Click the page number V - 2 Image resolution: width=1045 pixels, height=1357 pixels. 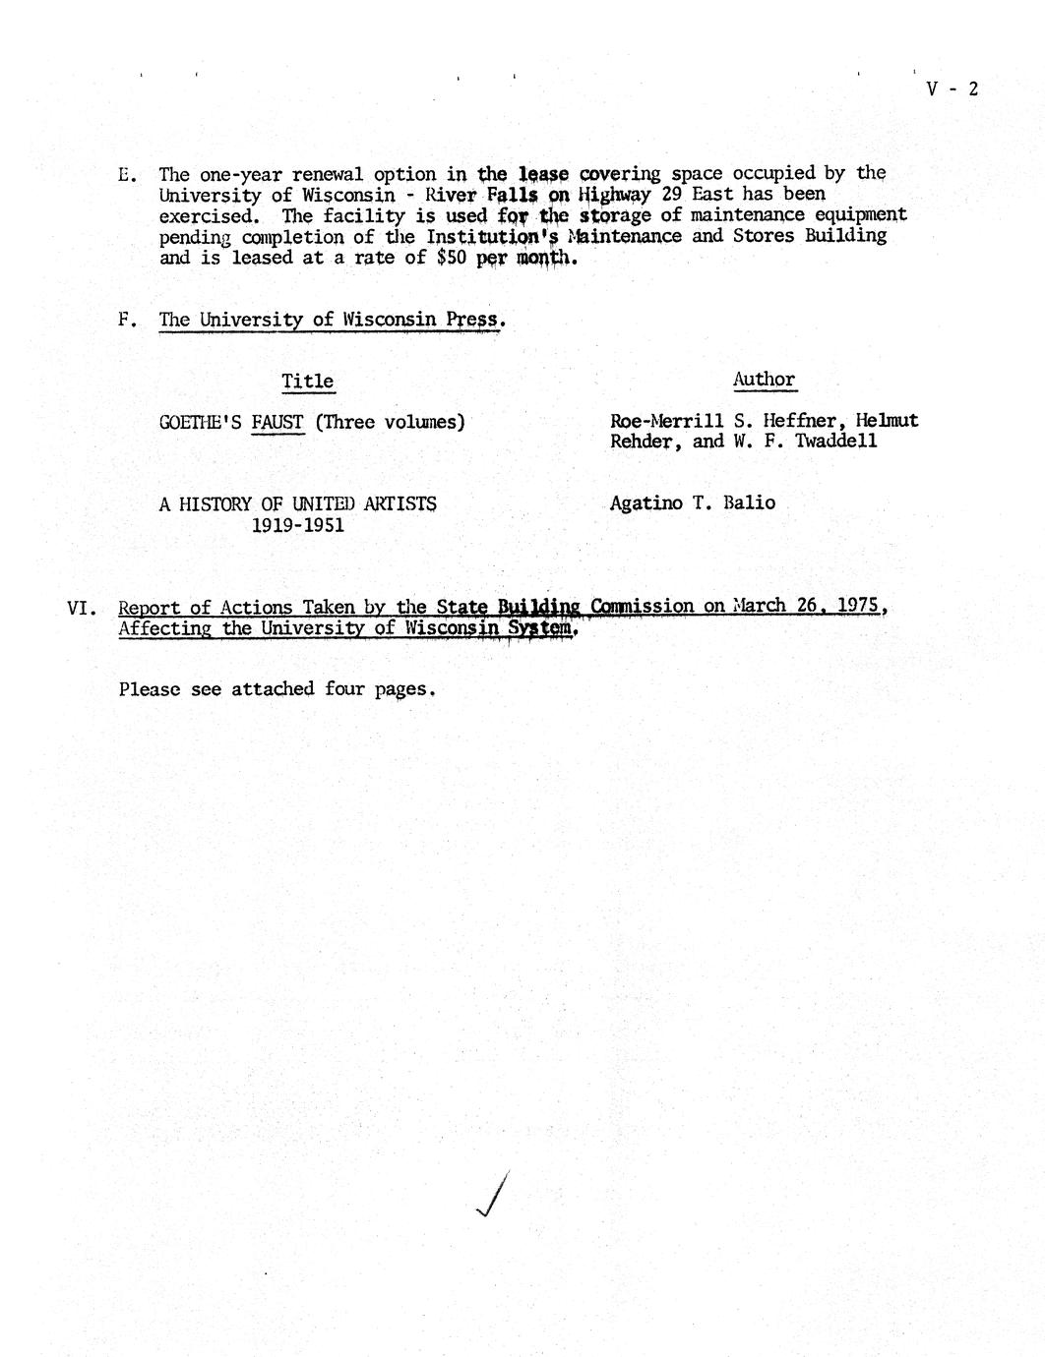tap(952, 89)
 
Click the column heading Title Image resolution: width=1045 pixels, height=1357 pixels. tap(307, 382)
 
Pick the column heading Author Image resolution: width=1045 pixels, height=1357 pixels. tap(764, 380)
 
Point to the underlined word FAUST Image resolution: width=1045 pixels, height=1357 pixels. tap(277, 423)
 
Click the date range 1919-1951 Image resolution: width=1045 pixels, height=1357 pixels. tap(298, 525)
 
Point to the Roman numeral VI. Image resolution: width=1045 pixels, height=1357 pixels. tap(79, 608)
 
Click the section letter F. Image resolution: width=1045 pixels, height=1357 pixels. tap(126, 321)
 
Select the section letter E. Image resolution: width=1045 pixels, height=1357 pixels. tap(126, 175)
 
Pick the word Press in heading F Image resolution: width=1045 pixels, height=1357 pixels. tap(474, 320)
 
